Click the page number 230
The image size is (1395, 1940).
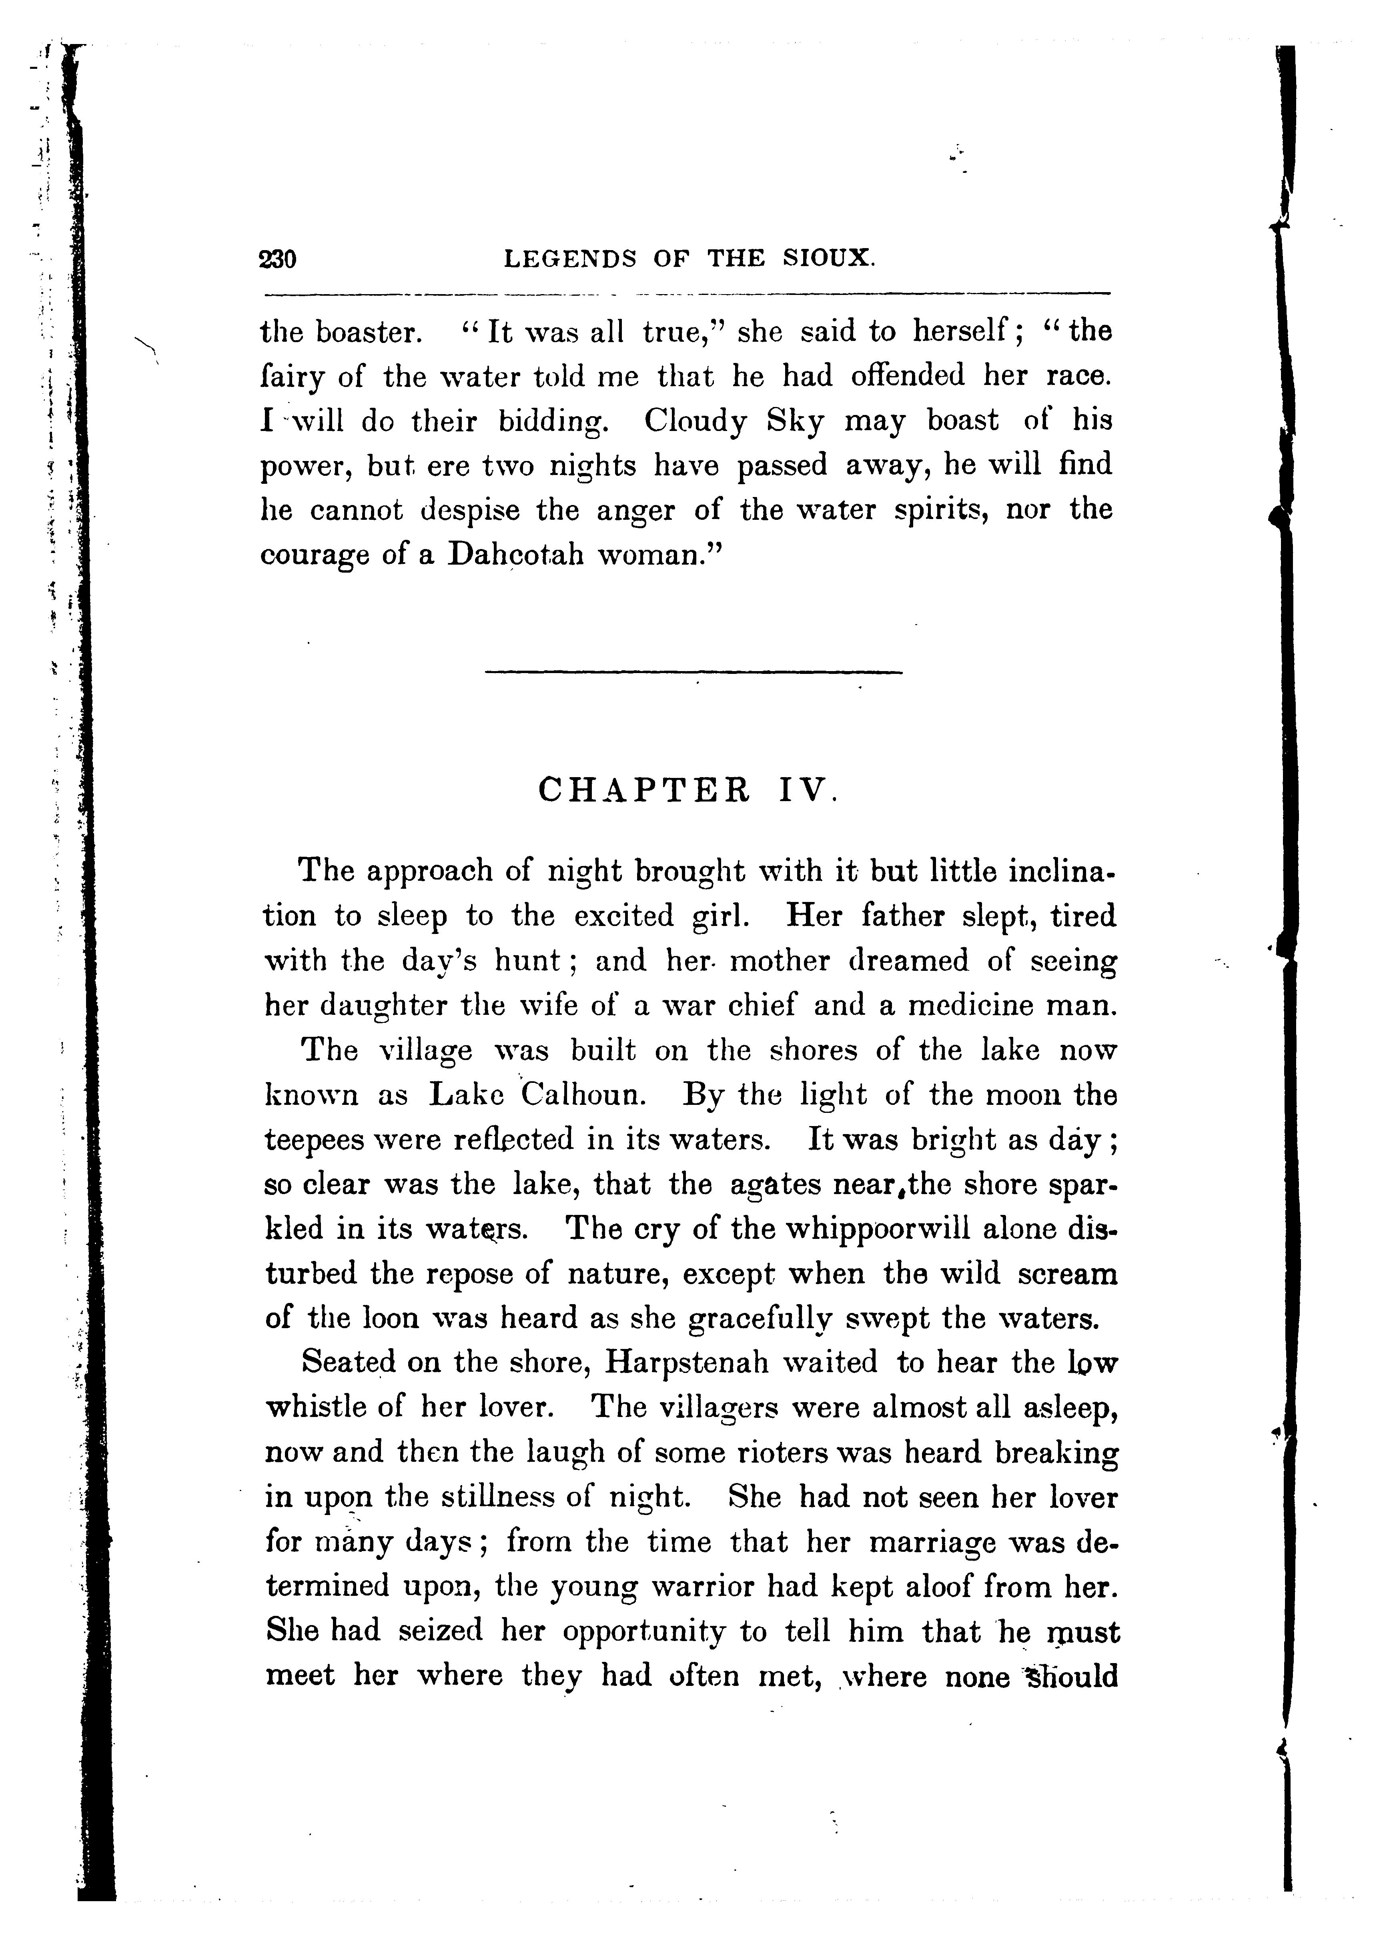coord(277,259)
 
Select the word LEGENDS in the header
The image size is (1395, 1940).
coord(571,259)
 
